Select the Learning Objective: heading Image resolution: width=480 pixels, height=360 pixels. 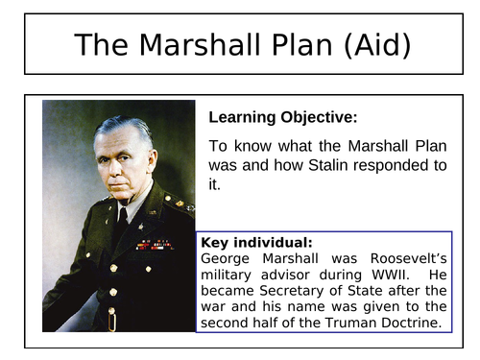pos(282,117)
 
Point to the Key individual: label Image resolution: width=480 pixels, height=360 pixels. pos(256,243)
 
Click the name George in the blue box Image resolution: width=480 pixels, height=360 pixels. pos(227,257)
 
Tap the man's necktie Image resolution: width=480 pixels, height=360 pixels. pos(122,225)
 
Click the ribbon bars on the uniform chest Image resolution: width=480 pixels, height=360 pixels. pos(154,244)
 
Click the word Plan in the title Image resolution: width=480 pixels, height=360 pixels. pos(284,44)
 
